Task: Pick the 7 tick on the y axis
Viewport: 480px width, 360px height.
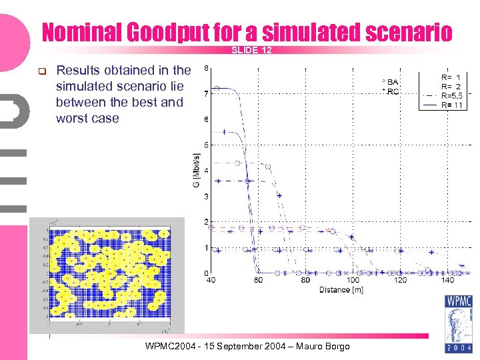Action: (205, 94)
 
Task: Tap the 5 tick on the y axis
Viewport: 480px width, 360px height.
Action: (205, 145)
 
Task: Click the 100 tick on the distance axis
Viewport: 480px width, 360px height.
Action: (353, 281)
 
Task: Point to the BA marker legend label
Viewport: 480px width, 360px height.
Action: (391, 82)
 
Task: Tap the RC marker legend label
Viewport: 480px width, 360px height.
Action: (391, 91)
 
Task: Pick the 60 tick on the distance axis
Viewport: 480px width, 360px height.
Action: (258, 281)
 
